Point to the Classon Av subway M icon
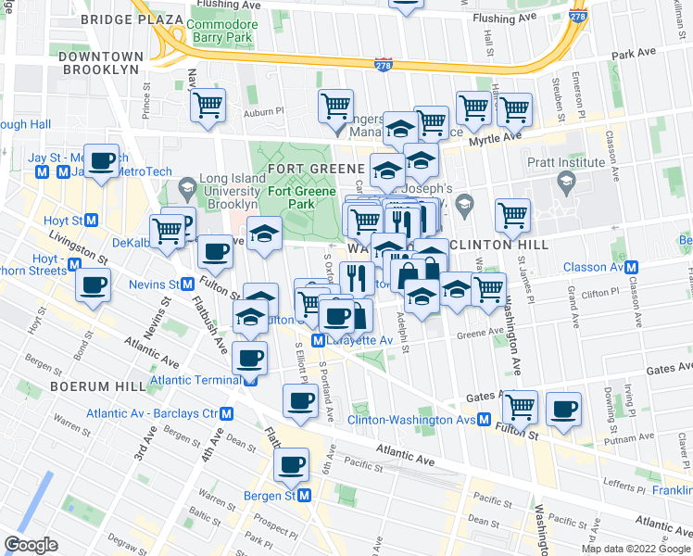[x=632, y=267]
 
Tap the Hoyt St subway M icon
[x=91, y=221]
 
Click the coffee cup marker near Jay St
[x=102, y=159]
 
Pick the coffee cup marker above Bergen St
[x=293, y=462]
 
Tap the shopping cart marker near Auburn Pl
[x=208, y=105]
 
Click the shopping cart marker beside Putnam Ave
[x=520, y=405]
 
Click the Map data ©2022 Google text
[x=636, y=549]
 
